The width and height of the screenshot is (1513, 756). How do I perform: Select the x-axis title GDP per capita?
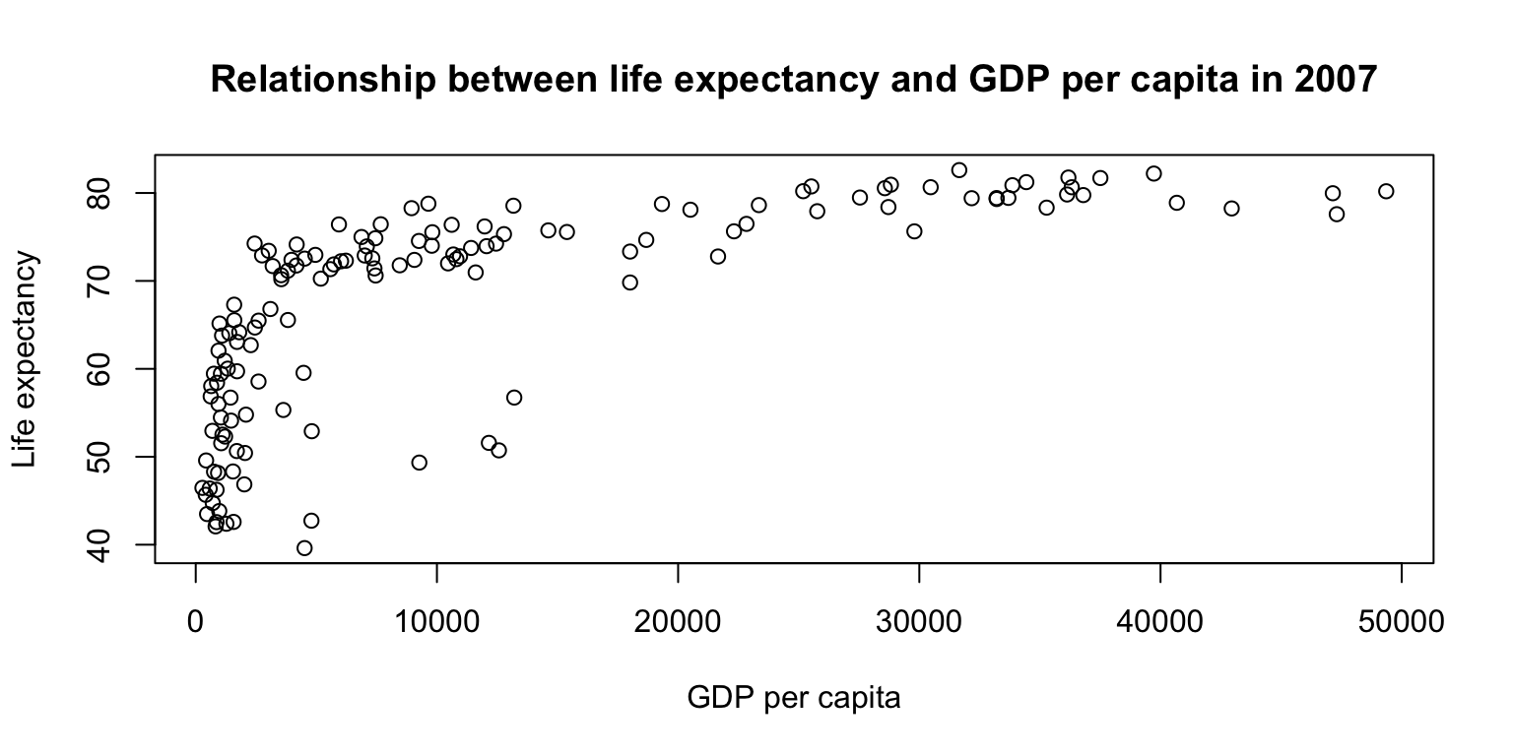[794, 699]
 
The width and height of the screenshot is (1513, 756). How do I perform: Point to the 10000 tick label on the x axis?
[436, 621]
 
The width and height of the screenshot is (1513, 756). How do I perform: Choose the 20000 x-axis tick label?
[678, 621]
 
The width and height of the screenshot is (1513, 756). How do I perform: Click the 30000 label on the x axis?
[919, 621]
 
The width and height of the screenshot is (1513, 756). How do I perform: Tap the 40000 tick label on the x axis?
[1160, 621]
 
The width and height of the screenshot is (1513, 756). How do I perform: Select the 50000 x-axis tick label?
[1402, 621]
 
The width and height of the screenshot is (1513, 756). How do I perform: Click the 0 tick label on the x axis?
[196, 621]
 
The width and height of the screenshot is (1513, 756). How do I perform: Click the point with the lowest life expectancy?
[304, 548]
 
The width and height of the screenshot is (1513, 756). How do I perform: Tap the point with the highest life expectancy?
[958, 170]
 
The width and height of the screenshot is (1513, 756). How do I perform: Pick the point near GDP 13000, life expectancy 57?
[513, 398]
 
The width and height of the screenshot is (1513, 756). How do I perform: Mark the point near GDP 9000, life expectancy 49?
[419, 463]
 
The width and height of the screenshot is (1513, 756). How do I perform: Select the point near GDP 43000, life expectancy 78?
[1231, 209]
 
